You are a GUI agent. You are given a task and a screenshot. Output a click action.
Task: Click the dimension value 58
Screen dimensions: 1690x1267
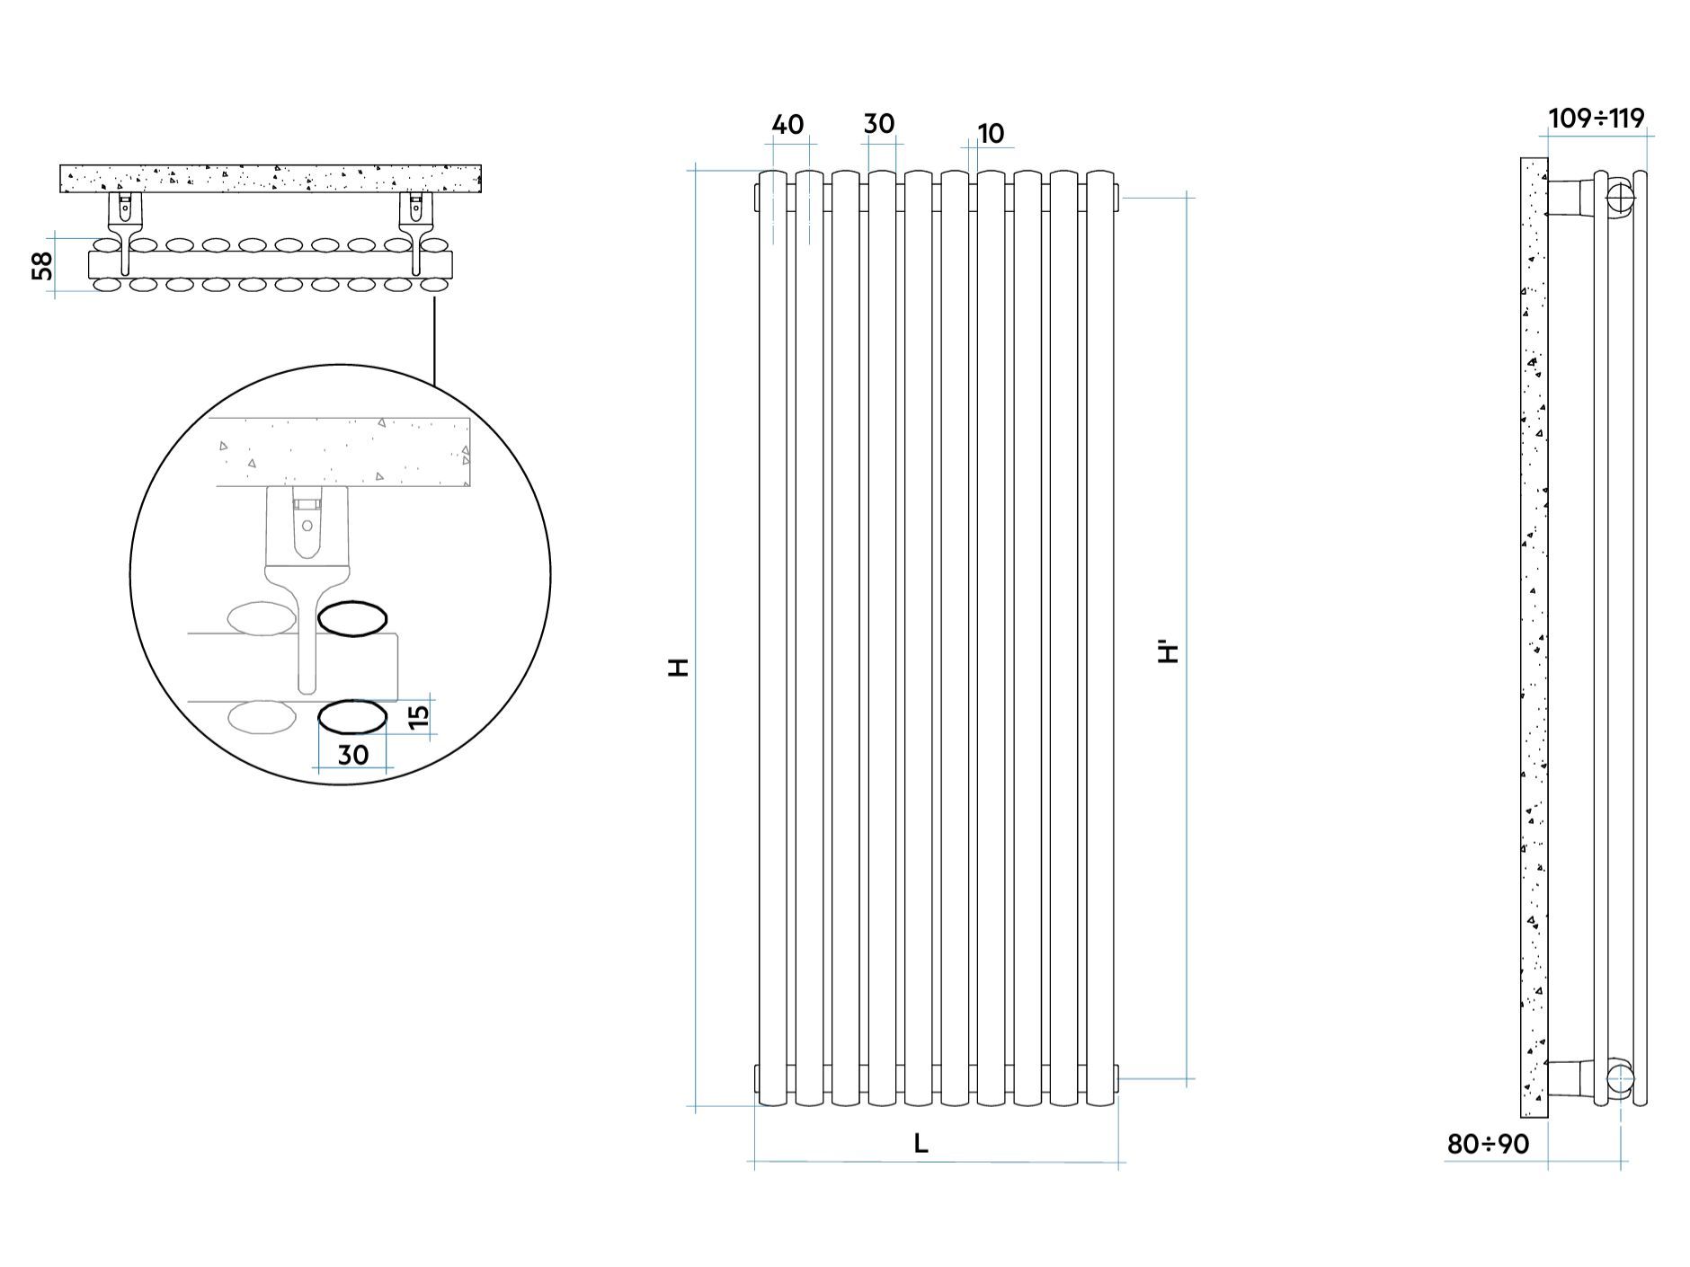coord(42,266)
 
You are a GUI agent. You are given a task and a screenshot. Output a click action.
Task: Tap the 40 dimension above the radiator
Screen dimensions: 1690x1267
coord(787,124)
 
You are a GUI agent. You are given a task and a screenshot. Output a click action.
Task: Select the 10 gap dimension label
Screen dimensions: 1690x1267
coord(991,134)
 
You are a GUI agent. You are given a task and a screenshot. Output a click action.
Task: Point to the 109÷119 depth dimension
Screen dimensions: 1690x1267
coord(1597,119)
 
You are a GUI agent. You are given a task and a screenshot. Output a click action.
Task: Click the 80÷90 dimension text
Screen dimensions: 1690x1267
coord(1488,1144)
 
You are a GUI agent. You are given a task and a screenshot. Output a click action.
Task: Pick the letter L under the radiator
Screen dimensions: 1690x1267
coord(921,1144)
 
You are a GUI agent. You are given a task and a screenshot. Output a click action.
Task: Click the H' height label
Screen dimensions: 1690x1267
coord(1169,650)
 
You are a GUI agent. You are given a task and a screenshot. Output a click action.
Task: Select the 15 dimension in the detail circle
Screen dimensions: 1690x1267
coord(419,717)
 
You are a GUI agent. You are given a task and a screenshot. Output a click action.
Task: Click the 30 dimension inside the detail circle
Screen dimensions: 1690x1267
coord(353,755)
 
